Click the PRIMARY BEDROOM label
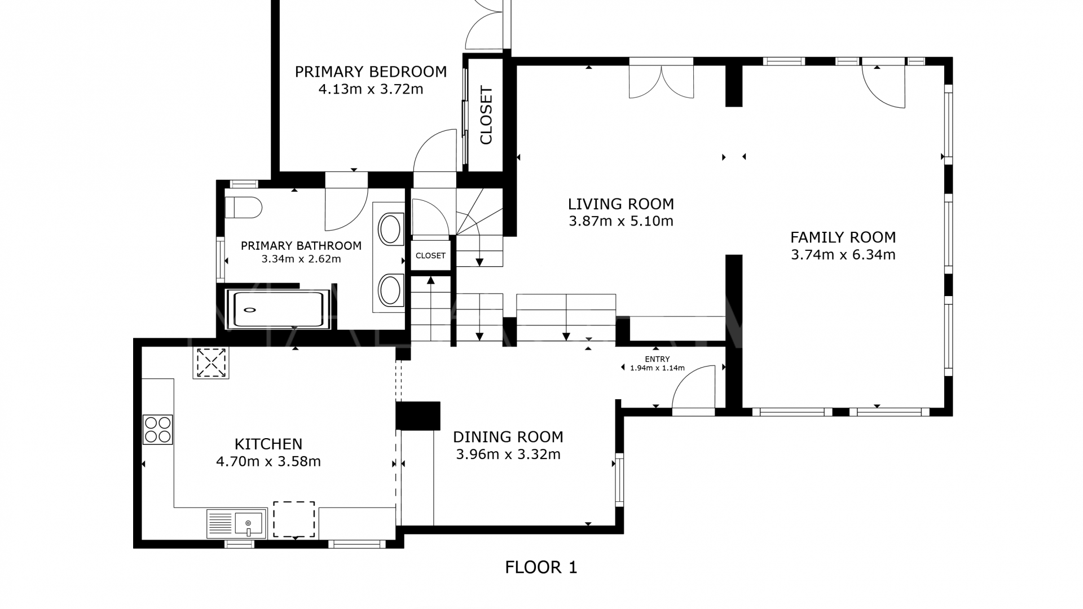click(x=371, y=72)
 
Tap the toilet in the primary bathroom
click(x=244, y=208)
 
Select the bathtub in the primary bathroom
click(x=278, y=309)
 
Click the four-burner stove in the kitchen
click(x=157, y=430)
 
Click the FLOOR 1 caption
click(x=541, y=567)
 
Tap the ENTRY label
click(x=657, y=359)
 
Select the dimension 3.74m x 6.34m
click(x=843, y=255)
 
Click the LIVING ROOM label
click(x=620, y=204)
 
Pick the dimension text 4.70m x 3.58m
click(x=268, y=462)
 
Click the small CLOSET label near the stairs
click(x=430, y=255)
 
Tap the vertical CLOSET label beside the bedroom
click(x=486, y=115)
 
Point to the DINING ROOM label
click(x=508, y=437)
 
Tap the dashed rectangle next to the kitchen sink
click(x=294, y=519)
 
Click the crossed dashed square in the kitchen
click(x=211, y=363)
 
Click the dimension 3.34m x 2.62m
click(x=301, y=259)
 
